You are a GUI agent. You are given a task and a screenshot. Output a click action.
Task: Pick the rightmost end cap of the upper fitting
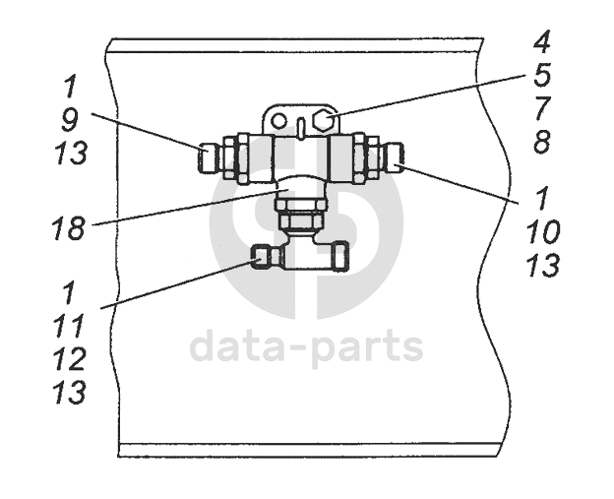point(396,155)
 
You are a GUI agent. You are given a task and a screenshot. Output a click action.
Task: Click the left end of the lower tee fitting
point(258,258)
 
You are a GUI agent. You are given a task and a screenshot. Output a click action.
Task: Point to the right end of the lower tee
point(339,258)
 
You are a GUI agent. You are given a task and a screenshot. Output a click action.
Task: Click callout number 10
point(543,231)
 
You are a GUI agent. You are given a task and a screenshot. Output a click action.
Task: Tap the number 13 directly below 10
point(543,265)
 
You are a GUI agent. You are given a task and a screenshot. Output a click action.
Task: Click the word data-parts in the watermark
point(306,345)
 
